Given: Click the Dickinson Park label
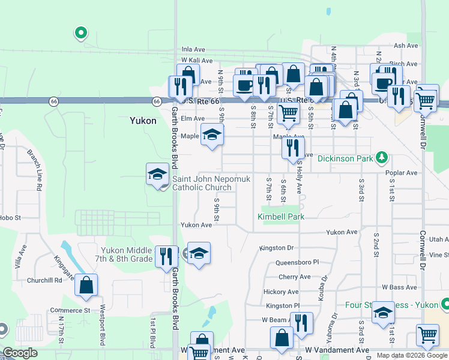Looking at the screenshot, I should coord(345,159).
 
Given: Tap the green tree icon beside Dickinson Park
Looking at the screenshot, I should coord(381,158).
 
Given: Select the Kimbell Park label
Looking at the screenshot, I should coord(281,216).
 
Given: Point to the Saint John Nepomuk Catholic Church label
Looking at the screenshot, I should coord(202,183).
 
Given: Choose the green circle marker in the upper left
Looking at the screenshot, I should coord(80,34).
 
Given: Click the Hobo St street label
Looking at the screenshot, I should coord(10,218).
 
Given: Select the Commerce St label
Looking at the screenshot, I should coord(70,311).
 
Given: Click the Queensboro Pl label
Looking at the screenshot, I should coord(297,263).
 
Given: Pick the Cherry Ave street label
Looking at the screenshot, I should coord(295,277).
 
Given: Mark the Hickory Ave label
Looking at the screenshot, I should coord(281,292).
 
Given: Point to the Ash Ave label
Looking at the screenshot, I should coord(405,46).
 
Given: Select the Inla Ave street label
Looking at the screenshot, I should coord(194,50).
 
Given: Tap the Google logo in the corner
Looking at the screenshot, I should coord(20,353).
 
